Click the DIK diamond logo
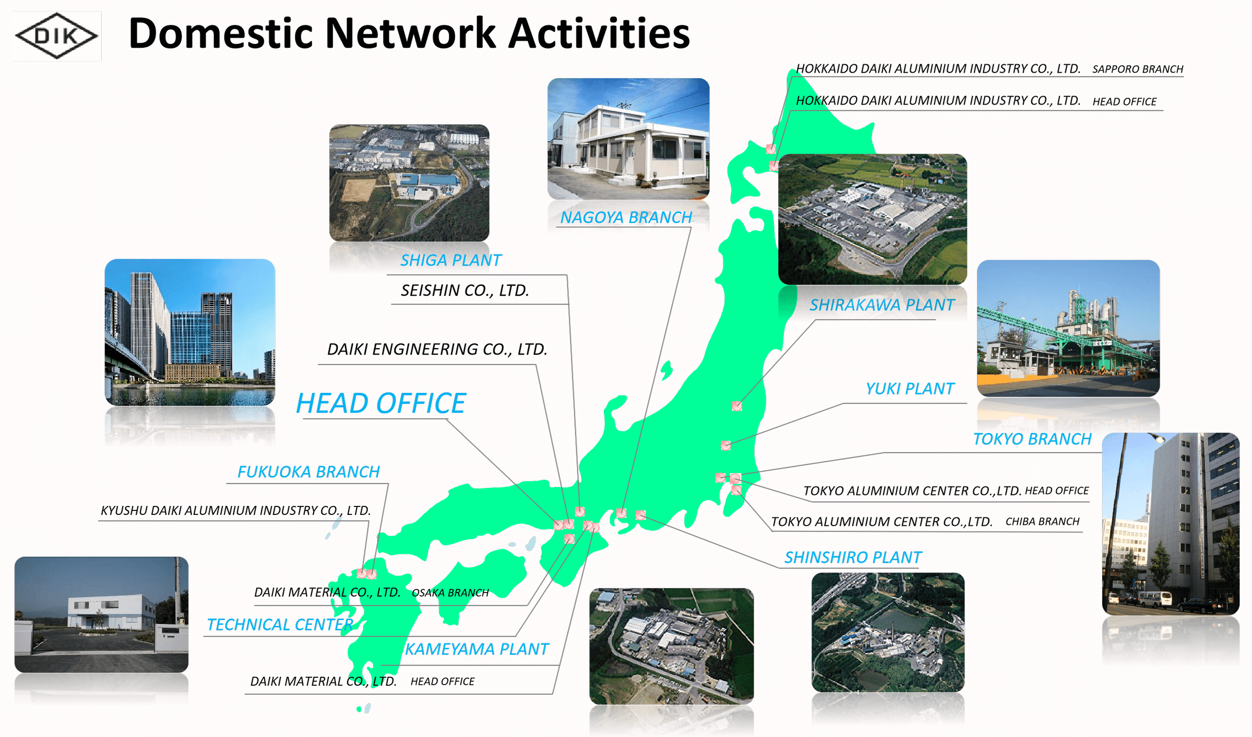[x=57, y=36]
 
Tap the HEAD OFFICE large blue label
[x=381, y=403]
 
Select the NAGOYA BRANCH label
[x=626, y=217]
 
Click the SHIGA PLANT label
[x=451, y=260]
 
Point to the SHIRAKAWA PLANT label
[x=882, y=305]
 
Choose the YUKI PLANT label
[x=910, y=388]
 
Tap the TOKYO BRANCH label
[x=1032, y=439]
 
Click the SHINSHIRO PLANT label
[x=853, y=557]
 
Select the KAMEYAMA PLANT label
[x=477, y=649]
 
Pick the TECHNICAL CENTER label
[x=280, y=624]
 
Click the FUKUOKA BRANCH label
[x=308, y=472]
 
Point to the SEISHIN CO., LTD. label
[x=465, y=290]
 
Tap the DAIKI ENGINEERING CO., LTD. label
[x=437, y=349]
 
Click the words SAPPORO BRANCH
[x=1137, y=69]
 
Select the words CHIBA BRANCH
[x=1042, y=521]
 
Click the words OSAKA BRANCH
[x=450, y=593]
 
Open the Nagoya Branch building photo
[x=628, y=139]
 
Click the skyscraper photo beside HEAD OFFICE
[x=190, y=332]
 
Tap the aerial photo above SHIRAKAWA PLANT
[x=872, y=219]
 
